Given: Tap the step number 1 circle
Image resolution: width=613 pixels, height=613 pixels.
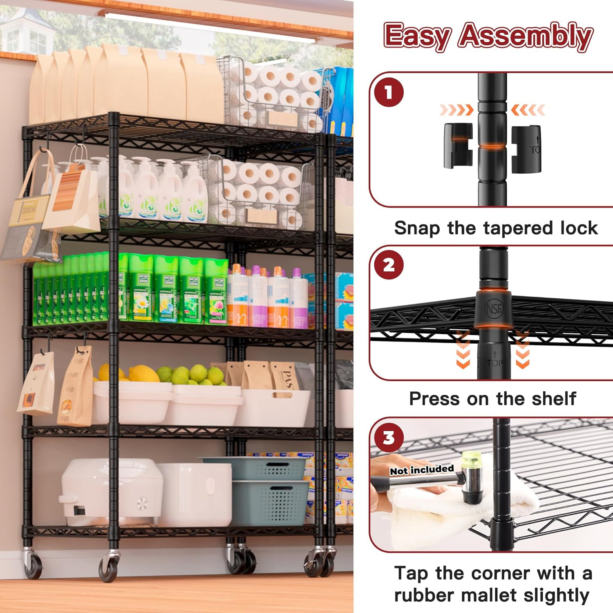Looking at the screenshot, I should coord(389,92).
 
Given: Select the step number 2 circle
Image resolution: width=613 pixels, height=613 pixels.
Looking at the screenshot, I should coord(389,265).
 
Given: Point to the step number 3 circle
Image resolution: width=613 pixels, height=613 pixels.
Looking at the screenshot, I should coord(389,438).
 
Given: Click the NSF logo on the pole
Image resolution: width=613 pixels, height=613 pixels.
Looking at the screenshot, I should coord(494,309).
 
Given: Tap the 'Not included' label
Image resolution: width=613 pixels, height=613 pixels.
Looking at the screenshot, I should coord(422,470).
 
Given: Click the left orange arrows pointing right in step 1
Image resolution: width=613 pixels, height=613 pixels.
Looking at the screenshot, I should coord(456,110).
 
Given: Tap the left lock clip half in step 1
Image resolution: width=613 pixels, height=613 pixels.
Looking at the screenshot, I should coord(458,145).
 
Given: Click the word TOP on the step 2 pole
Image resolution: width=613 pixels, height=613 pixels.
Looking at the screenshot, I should coord(494,362).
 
